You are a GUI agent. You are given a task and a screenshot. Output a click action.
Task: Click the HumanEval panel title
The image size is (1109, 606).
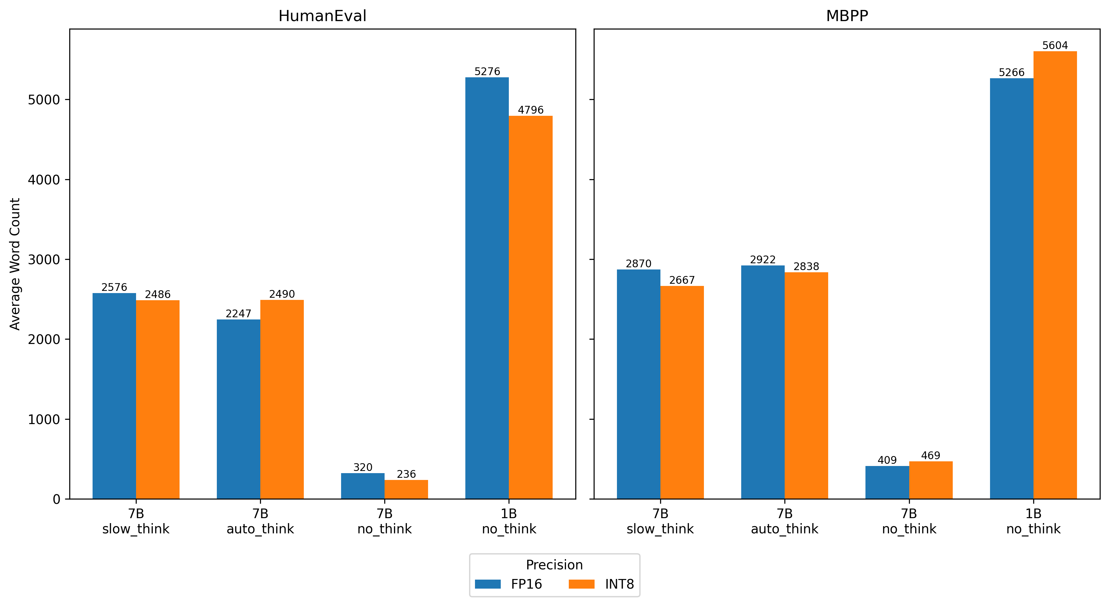[x=322, y=16]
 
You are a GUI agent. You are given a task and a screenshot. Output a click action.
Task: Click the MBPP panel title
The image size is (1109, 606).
[x=847, y=16]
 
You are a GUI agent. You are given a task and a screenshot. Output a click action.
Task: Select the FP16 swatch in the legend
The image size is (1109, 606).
[x=487, y=584]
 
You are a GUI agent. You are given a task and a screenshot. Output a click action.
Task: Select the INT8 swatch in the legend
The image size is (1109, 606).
[x=581, y=584]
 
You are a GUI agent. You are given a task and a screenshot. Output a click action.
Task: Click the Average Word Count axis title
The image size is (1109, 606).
[x=15, y=264]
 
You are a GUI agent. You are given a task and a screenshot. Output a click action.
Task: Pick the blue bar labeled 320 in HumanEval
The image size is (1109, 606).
[x=363, y=486]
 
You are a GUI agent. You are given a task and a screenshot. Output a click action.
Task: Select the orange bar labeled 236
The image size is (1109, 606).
[x=406, y=490]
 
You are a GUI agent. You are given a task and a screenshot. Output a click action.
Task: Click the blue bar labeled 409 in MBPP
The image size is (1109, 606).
[x=887, y=482]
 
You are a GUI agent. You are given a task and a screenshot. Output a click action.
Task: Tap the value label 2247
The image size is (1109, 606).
[x=238, y=314]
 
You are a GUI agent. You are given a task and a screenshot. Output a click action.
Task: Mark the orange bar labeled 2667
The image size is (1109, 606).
[x=682, y=392]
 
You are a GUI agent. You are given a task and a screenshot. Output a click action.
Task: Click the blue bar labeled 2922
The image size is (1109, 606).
[x=762, y=382]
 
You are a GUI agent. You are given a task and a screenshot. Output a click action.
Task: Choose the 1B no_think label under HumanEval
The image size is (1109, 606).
[x=509, y=521]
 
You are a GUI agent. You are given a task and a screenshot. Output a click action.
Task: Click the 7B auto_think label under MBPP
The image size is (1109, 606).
[x=784, y=521]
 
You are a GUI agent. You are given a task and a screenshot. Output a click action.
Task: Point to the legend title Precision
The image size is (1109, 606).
[x=554, y=565]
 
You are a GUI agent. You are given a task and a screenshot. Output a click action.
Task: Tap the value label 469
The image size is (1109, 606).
[x=930, y=455]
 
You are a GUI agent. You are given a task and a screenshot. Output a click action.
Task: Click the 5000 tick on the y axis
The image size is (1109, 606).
[x=43, y=100]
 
